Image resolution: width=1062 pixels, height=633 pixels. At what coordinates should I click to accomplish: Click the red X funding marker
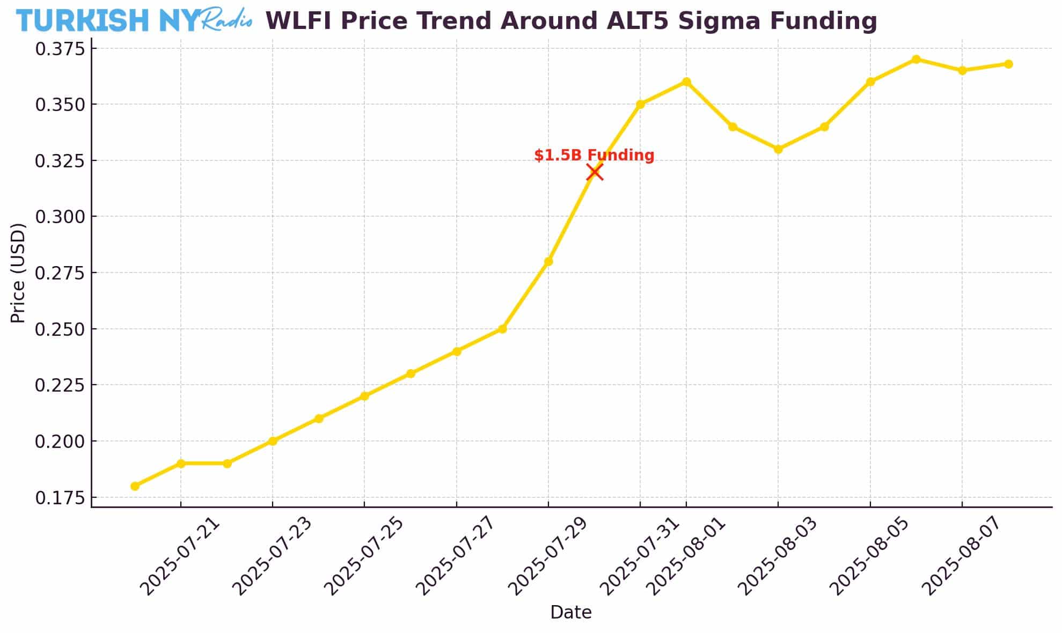tap(594, 172)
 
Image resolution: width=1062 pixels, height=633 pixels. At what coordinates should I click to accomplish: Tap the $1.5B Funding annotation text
tap(594, 156)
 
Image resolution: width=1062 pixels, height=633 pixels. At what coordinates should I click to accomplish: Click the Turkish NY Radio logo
tap(134, 20)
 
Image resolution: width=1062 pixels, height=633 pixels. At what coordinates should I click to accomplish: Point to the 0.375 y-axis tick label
tap(60, 49)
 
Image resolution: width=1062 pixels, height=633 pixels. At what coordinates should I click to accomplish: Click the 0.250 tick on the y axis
tap(60, 329)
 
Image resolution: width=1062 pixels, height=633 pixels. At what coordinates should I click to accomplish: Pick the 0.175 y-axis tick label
tap(60, 498)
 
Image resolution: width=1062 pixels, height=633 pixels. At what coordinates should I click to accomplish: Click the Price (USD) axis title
tap(18, 273)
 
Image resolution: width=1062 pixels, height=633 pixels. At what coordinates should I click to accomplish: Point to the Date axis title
tap(570, 612)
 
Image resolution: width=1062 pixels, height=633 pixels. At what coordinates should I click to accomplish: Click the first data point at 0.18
tap(135, 486)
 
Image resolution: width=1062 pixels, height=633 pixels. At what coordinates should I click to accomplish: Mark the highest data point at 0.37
tap(916, 60)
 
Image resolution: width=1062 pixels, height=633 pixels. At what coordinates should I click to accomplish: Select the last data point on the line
tap(1008, 64)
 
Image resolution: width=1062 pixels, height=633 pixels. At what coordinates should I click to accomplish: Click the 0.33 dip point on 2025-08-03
tap(778, 149)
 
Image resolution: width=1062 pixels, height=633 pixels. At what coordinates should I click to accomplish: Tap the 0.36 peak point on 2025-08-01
tap(686, 82)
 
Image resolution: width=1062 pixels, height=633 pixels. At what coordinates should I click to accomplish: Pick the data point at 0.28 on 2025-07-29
tap(548, 262)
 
